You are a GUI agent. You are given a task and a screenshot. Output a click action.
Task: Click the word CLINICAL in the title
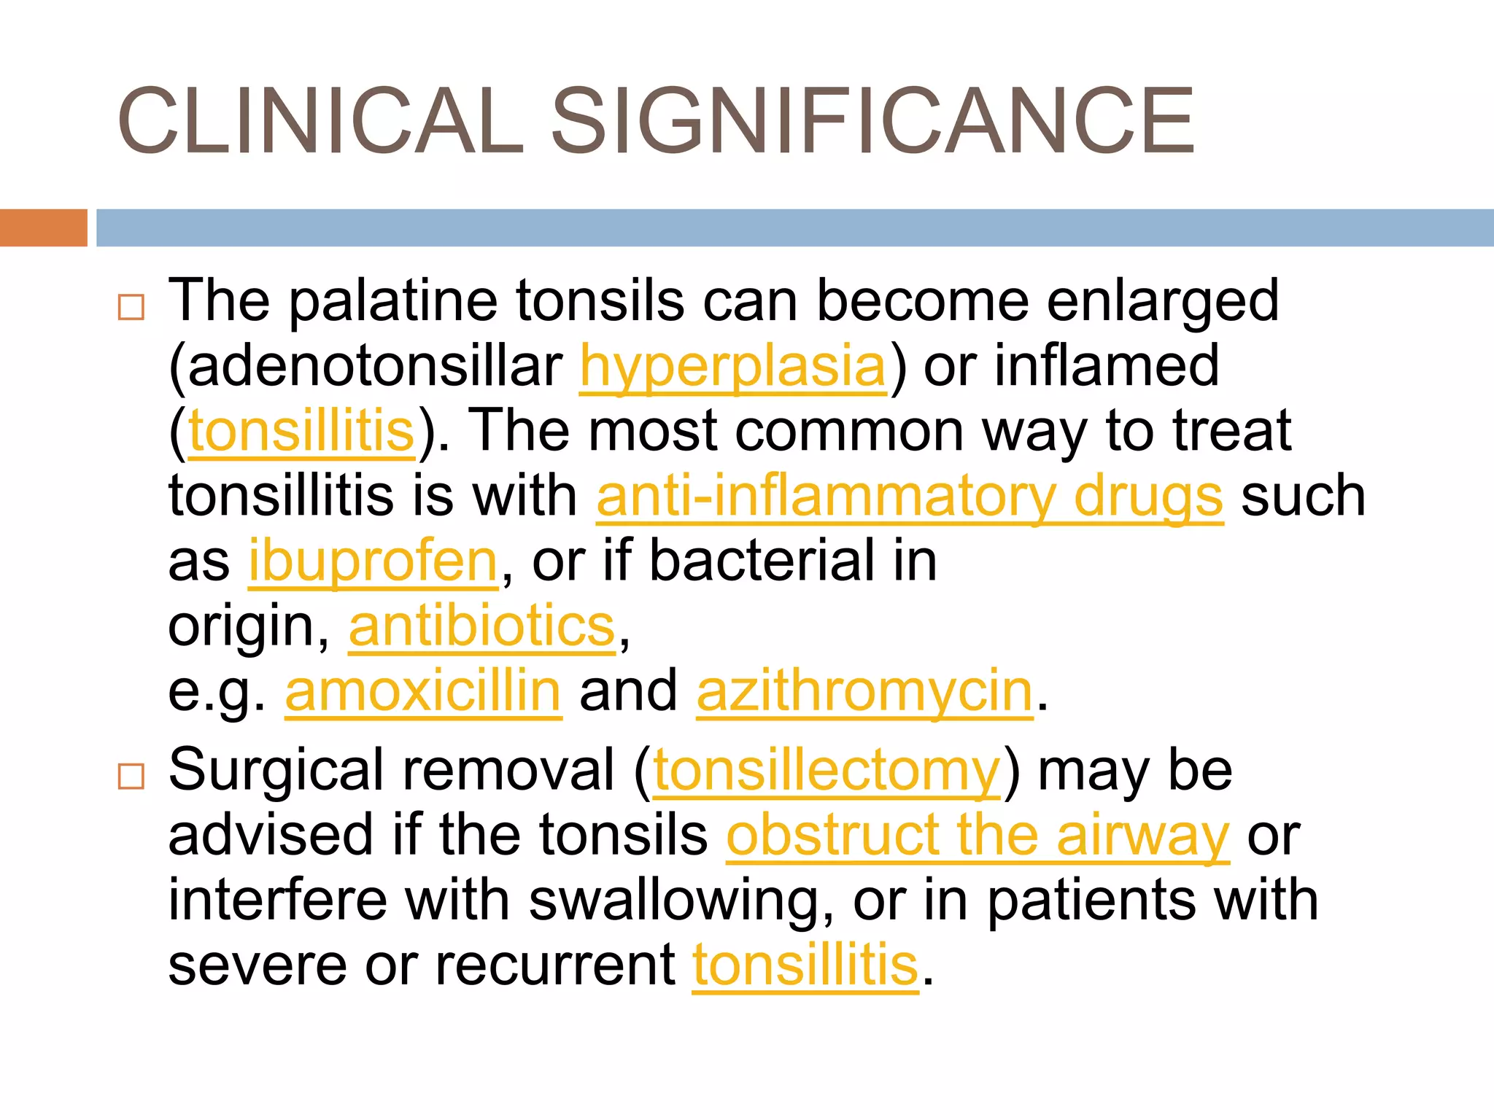[x=321, y=121]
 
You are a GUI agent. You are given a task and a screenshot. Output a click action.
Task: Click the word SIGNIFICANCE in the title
[x=872, y=121]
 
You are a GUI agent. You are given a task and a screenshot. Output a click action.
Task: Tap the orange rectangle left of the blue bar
[x=43, y=227]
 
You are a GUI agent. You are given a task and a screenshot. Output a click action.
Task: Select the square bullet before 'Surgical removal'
[x=131, y=777]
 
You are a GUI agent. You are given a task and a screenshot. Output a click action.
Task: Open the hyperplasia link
[x=732, y=366]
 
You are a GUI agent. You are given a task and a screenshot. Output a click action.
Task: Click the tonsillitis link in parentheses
[x=301, y=431]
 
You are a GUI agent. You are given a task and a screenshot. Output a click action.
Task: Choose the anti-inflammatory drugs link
[x=909, y=497]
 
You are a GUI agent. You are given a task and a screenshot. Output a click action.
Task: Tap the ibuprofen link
[x=373, y=561]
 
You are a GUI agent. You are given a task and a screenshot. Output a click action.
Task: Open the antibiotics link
[x=482, y=626]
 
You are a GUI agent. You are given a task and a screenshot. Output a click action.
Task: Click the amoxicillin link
[x=423, y=691]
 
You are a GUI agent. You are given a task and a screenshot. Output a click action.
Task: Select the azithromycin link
[x=864, y=691]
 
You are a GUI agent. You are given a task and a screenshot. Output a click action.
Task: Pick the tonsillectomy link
[x=827, y=771]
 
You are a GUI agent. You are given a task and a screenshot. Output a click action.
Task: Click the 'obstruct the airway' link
[x=978, y=836]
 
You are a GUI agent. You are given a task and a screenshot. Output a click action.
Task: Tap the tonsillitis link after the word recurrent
[x=805, y=965]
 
